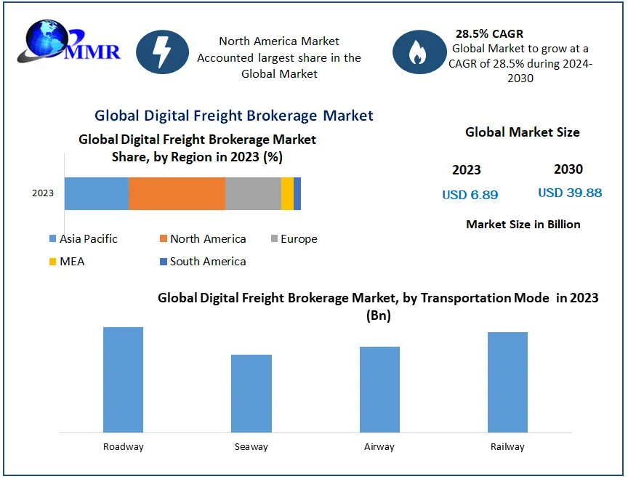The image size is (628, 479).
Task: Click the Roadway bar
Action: (123, 379)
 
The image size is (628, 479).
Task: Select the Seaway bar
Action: (251, 393)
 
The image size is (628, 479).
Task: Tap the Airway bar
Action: (379, 389)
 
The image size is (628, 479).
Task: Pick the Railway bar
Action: (507, 382)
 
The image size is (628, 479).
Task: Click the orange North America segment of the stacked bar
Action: (177, 193)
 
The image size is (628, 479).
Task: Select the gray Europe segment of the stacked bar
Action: (253, 193)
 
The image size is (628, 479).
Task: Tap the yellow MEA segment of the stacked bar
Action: (287, 193)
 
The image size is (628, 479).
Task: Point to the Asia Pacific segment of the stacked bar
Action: (96, 193)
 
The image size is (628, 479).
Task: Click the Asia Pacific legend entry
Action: (83, 239)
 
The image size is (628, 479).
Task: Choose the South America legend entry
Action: (203, 262)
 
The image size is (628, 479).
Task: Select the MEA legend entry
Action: (67, 262)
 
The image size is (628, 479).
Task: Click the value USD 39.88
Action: (570, 193)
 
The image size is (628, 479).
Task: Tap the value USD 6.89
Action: (470, 195)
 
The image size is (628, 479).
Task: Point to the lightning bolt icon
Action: (162, 52)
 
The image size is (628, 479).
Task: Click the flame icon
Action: (417, 52)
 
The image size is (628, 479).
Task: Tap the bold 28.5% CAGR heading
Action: (489, 33)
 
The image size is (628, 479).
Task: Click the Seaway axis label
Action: (251, 446)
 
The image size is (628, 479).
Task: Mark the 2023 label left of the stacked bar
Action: (43, 193)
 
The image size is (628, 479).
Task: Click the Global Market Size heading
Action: (522, 132)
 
